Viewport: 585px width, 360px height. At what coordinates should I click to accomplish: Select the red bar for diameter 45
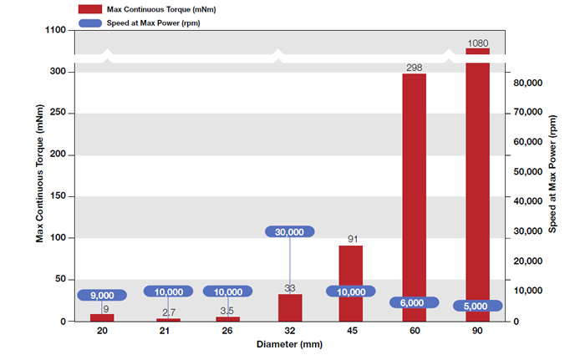(351, 263)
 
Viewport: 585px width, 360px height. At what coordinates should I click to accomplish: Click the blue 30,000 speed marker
(290, 232)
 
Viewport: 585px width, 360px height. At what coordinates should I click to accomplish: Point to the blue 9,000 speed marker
(102, 295)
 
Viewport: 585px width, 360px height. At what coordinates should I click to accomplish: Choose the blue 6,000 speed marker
(415, 303)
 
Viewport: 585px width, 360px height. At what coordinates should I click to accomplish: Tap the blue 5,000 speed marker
(477, 306)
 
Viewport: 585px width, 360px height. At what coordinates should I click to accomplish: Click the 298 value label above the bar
(415, 66)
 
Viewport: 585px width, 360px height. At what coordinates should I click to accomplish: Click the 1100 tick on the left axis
(57, 29)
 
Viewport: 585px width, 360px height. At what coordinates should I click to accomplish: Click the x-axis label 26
(228, 332)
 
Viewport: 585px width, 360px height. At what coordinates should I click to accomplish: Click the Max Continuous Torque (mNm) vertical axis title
(40, 180)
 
